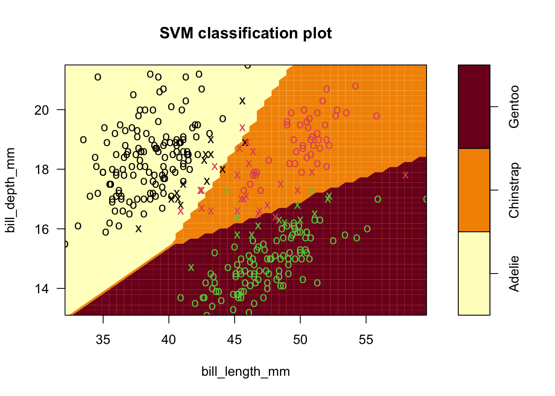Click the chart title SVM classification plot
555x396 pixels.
coord(246,33)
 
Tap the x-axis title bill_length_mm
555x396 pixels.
coord(246,372)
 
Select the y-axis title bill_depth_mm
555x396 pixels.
coord(11,190)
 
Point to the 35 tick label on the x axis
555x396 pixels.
coord(103,340)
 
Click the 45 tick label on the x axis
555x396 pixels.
coord(235,340)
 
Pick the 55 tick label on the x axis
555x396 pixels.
coord(366,340)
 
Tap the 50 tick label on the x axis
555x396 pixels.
coord(300,340)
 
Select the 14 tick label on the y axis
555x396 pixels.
coord(42,288)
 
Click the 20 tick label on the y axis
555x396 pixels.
coord(42,110)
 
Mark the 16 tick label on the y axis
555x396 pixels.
coord(42,229)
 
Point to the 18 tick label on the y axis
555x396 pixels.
coord(42,169)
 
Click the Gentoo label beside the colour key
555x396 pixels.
coord(514,107)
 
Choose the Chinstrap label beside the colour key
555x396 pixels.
coord(514,190)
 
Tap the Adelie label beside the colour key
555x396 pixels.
coord(514,274)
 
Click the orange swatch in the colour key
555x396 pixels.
coord(474,190)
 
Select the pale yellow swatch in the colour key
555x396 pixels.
coord(474,273)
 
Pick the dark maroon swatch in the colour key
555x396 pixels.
coord(474,107)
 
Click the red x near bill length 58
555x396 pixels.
coord(406,175)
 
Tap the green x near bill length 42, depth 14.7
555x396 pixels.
coord(191,268)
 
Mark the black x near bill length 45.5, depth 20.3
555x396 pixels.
coord(242,101)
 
